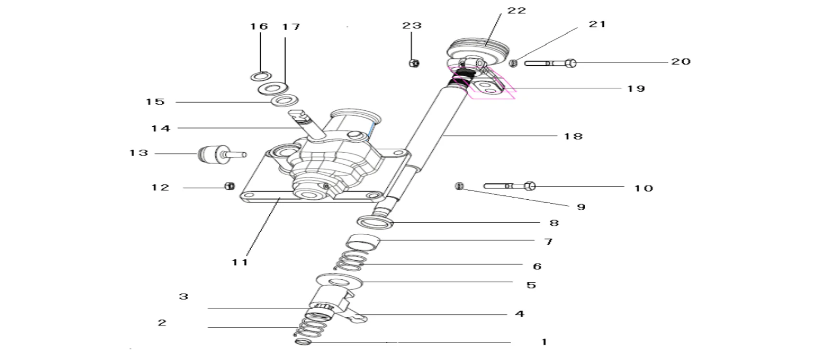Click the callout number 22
coord(517,11)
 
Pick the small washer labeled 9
coord(459,185)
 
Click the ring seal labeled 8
coord(375,222)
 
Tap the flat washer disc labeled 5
coord(339,281)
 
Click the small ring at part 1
coord(302,341)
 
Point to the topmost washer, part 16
coord(260,76)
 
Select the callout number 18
coord(573,136)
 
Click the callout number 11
coord(240,262)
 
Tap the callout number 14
coord(160,128)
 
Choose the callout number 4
coord(519,314)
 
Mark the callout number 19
coord(636,88)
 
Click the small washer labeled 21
coord(513,63)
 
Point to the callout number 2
coord(162,323)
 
